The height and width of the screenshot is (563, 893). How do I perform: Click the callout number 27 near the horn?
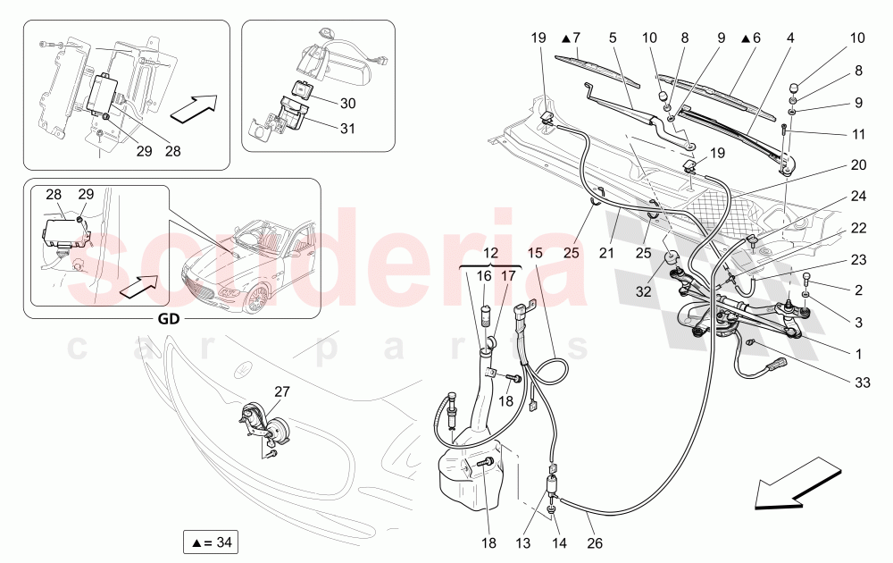pyautogui.click(x=281, y=391)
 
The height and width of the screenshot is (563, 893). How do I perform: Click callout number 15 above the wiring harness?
pyautogui.click(x=534, y=254)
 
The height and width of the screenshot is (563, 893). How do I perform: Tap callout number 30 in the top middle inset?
pyautogui.click(x=346, y=103)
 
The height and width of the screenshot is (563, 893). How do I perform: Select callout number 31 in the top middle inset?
pyautogui.click(x=346, y=127)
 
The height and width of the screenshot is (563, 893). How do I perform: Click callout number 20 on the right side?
pyautogui.click(x=858, y=164)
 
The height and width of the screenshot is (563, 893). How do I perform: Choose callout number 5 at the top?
pyautogui.click(x=613, y=38)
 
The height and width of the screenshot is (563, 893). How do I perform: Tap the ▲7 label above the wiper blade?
pyautogui.click(x=571, y=38)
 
